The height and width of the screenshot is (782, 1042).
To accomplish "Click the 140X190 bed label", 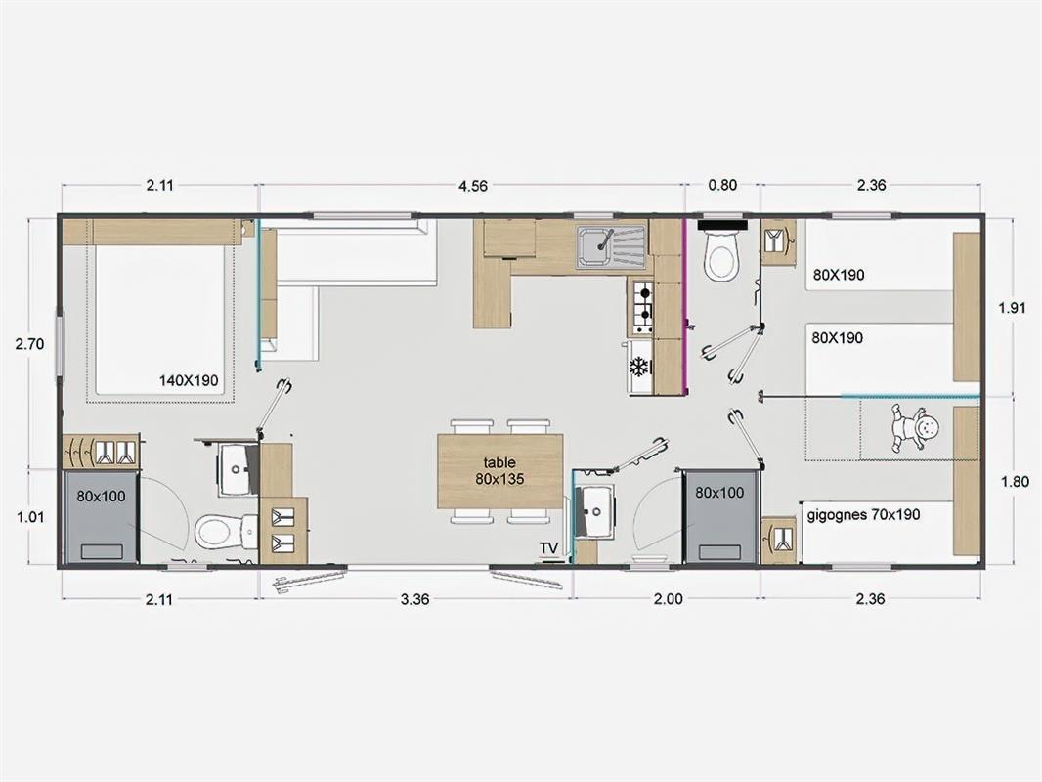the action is [x=189, y=380].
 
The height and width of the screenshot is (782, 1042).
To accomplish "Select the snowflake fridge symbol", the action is [x=639, y=367].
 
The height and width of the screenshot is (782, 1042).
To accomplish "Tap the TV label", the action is [x=549, y=548].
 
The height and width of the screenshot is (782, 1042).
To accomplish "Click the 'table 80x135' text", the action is [x=499, y=470].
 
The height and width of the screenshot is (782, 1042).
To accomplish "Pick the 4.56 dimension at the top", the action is [x=472, y=186].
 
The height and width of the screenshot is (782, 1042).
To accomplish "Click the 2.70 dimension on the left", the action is [x=30, y=343].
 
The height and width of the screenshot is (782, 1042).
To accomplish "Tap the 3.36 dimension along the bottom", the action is [x=414, y=598].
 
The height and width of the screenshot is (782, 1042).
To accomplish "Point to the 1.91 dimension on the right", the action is [x=1013, y=308].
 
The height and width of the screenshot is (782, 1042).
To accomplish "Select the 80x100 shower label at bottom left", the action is [x=101, y=496].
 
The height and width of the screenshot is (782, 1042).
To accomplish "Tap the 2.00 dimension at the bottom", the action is [x=668, y=598].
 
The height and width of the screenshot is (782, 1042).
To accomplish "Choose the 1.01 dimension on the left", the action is [x=30, y=516].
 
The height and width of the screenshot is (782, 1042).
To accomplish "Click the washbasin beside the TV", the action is [x=594, y=509].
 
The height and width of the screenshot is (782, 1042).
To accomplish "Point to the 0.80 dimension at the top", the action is [x=722, y=185].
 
